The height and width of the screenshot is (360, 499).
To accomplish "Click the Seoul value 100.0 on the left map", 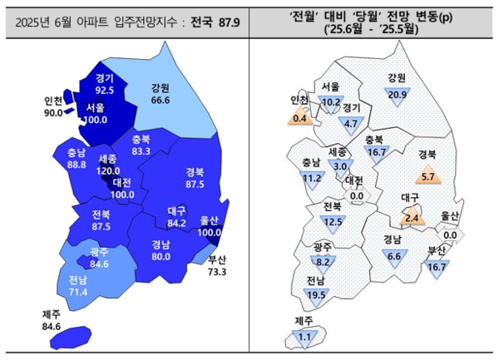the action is (x=95, y=120).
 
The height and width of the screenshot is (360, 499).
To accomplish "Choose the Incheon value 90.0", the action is (x=53, y=113).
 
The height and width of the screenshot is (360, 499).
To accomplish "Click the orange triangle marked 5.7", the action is (x=428, y=176).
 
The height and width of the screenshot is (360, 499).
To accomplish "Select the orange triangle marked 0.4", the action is (x=300, y=118).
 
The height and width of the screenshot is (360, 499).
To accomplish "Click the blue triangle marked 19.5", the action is (x=315, y=294).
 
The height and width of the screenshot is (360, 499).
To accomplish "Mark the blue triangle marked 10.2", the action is (x=331, y=103).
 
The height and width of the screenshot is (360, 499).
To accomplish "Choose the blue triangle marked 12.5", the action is (x=333, y=220).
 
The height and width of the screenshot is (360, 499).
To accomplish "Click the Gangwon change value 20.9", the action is (x=398, y=95).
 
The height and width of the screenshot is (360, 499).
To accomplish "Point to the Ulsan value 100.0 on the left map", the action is (x=208, y=230).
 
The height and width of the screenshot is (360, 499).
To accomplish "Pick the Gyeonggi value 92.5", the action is (x=104, y=88).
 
